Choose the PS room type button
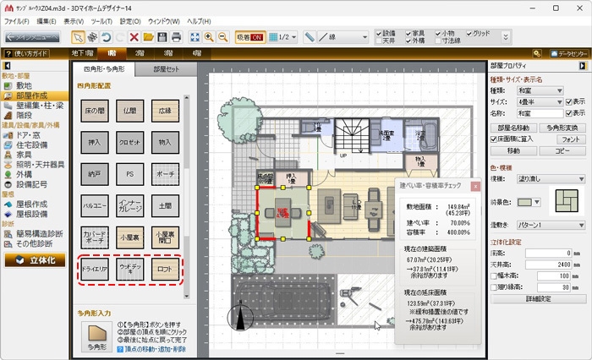tap(129, 175)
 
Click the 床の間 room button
tap(93, 112)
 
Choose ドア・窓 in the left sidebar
tap(29, 135)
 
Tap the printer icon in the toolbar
tap(177, 37)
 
